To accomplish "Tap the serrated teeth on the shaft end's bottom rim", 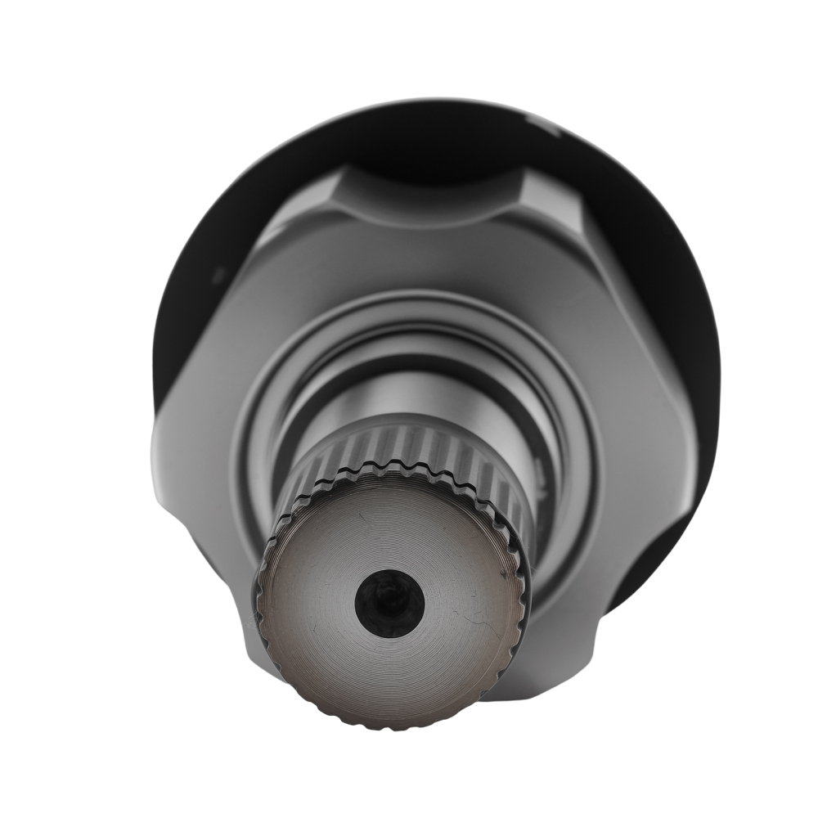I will [393, 720].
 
